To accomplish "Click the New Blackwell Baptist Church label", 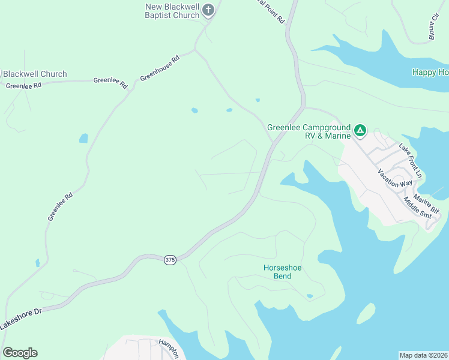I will pyautogui.click(x=172, y=11).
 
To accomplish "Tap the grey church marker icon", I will pyautogui.click(x=208, y=10).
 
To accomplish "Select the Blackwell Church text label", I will pyautogui.click(x=35, y=74).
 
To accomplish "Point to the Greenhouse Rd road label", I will pyautogui.click(x=160, y=69).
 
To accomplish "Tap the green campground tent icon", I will pyautogui.click(x=360, y=130).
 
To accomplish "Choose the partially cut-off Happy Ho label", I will pyautogui.click(x=430, y=72).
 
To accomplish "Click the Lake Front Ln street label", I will pyautogui.click(x=411, y=160).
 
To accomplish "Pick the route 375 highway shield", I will pyautogui.click(x=170, y=259).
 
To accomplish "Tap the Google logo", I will pyautogui.click(x=20, y=353).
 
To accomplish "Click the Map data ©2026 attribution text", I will pyautogui.click(x=423, y=355).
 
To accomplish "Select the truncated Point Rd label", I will pyautogui.click(x=268, y=11).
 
